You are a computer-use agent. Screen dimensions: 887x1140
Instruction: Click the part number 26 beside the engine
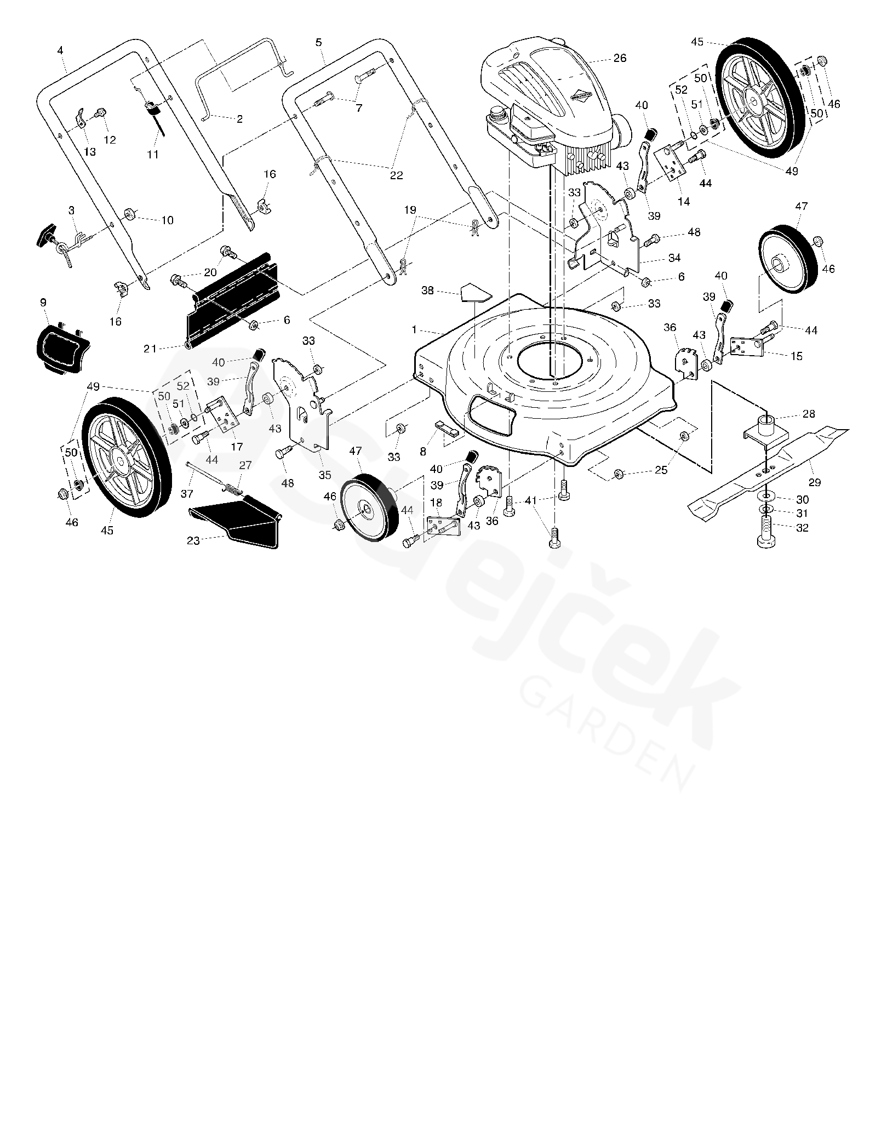coord(620,58)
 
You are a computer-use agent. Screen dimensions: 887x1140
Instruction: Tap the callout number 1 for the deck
coord(415,330)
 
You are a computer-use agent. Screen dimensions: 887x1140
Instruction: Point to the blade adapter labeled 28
coord(768,428)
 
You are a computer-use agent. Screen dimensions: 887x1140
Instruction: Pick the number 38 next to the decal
coord(427,290)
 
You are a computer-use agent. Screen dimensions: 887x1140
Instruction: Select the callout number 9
coord(43,302)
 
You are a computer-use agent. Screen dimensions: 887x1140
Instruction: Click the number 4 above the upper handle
coord(60,50)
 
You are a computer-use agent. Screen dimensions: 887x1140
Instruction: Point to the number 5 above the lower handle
coord(318,42)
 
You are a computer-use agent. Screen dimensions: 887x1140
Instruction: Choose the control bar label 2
coord(239,119)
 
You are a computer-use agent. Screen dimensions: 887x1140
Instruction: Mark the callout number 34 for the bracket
coord(674,258)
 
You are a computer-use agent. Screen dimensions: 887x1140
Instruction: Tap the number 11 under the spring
coord(153,155)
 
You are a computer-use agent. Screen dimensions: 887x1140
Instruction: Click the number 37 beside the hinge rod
coord(187,494)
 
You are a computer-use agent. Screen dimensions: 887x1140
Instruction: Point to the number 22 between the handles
coord(396,175)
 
